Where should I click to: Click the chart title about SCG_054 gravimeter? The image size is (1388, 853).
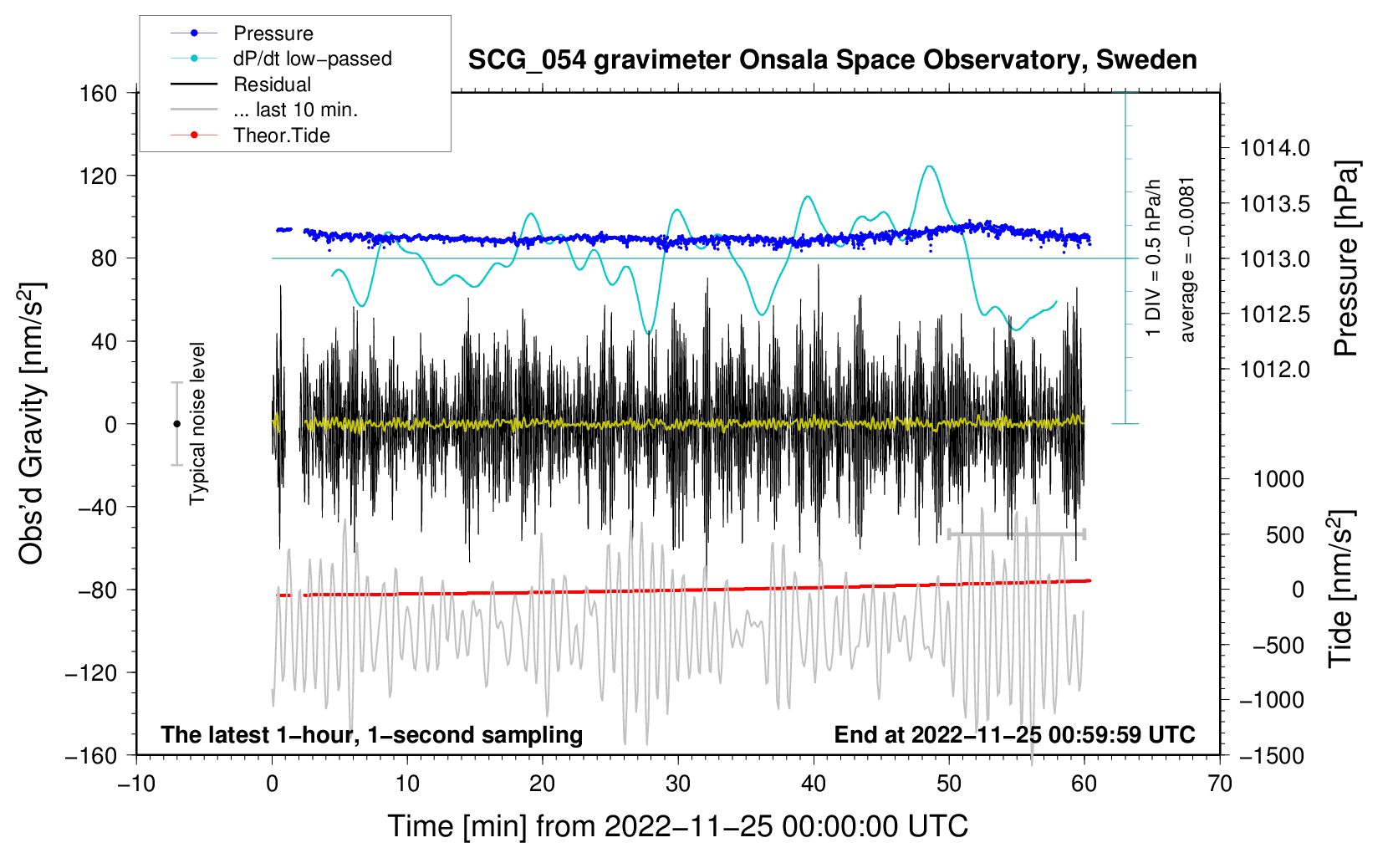pos(832,60)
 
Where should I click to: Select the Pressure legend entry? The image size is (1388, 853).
pos(273,33)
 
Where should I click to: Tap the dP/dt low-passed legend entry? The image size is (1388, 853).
pos(312,59)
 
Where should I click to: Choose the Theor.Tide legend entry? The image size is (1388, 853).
pos(281,135)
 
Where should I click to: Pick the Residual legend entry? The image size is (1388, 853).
pos(272,84)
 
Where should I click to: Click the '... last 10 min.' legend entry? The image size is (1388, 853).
pos(295,110)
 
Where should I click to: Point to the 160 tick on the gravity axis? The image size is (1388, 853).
pos(99,93)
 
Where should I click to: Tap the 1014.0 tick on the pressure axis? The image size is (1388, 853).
pos(1274,149)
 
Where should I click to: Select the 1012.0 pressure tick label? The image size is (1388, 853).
pos(1274,370)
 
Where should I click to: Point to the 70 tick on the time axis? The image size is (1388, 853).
pos(1220,784)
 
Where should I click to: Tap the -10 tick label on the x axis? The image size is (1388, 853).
pos(136,784)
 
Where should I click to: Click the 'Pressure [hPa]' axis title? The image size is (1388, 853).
pos(1346,258)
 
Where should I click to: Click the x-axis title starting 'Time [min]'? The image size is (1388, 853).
pos(677,826)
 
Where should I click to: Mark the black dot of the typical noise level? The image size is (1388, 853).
pos(176,424)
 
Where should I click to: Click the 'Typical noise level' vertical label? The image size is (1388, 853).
pos(197,423)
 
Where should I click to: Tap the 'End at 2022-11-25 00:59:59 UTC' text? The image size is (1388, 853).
pos(1014,734)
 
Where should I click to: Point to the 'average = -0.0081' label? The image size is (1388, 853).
pos(1187,259)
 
